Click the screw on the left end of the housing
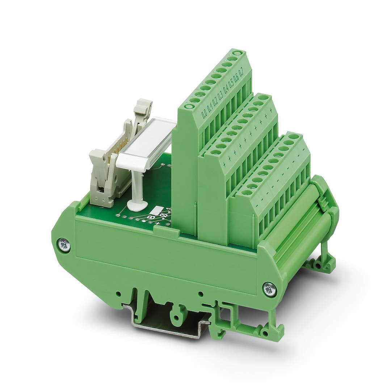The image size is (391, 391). click(x=64, y=245)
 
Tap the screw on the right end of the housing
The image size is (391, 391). click(x=269, y=289)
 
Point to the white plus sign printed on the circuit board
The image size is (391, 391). click(x=158, y=224)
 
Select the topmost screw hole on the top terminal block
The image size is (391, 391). click(x=237, y=53)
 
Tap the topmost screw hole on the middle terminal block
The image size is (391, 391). click(x=264, y=97)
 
